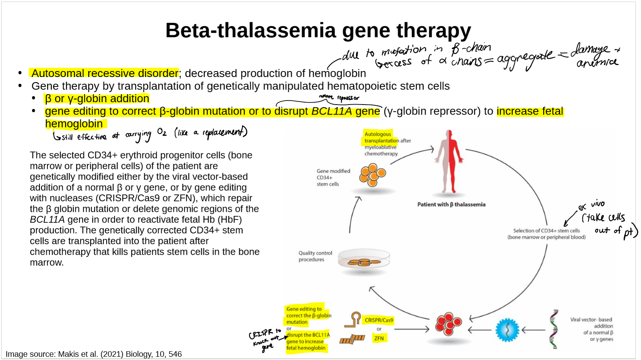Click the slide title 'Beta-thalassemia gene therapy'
pos(318,30)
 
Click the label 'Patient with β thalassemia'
pos(451,204)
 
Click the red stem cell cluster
pos(449,324)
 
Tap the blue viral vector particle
pos(507,330)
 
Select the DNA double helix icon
pos(554,329)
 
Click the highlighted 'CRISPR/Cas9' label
pos(379,320)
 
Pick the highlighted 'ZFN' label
pos(379,338)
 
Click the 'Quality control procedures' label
pos(315,256)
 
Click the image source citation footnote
pos(94,354)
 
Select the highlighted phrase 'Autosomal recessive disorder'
pos(105,73)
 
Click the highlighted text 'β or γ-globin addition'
pos(97,99)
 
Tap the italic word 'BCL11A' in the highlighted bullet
pos(332,111)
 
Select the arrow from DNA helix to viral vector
pos(533,330)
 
